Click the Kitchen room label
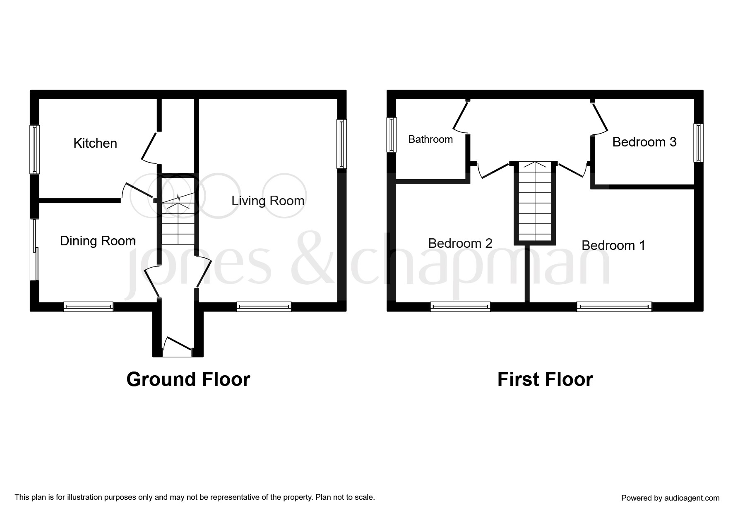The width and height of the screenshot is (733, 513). (95, 143)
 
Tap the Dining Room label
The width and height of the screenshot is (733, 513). (98, 241)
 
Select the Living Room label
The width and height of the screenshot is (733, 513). (268, 201)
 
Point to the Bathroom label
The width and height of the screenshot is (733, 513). (430, 139)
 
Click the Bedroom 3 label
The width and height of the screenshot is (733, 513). (644, 142)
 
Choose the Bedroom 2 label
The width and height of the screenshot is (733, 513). (460, 243)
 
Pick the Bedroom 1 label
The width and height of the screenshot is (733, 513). (613, 245)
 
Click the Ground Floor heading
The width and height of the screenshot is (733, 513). (188, 379)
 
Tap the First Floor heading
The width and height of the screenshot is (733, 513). (545, 379)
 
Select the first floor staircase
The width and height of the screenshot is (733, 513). (535, 202)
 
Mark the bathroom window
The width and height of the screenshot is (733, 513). (392, 135)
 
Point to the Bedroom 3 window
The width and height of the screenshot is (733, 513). (699, 143)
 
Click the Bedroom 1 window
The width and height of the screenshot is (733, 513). (614, 307)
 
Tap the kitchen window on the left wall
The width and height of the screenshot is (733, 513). (35, 149)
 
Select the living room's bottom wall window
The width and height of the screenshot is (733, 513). (264, 307)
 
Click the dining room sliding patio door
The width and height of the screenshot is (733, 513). (35, 250)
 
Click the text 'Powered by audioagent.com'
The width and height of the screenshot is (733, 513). (671, 498)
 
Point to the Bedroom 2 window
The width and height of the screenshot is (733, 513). (460, 307)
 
